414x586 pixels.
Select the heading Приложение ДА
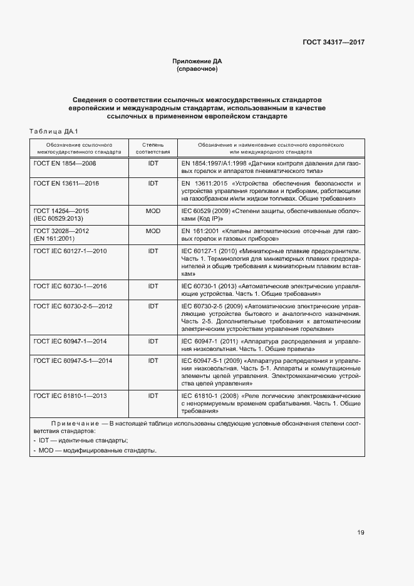[197, 61]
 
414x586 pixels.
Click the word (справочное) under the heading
[197, 69]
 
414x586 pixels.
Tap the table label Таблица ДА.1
[53, 131]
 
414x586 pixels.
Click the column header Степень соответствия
[153, 148]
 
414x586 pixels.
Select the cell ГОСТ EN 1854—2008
[65, 163]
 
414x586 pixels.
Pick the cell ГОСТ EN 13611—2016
[66, 183]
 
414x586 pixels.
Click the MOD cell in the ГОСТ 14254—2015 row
[153, 211]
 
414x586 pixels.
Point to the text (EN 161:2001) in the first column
[54, 239]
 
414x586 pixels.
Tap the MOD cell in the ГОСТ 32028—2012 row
[153, 231]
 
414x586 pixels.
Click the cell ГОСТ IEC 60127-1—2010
[71, 251]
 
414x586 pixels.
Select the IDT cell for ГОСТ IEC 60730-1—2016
[153, 286]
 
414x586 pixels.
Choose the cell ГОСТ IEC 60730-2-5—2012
[73, 306]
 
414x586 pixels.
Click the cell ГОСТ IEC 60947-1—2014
[71, 341]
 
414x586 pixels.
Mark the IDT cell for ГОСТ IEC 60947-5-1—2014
[153, 361]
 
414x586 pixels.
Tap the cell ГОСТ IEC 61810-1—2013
[71, 396]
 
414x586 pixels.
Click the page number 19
[361, 533]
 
